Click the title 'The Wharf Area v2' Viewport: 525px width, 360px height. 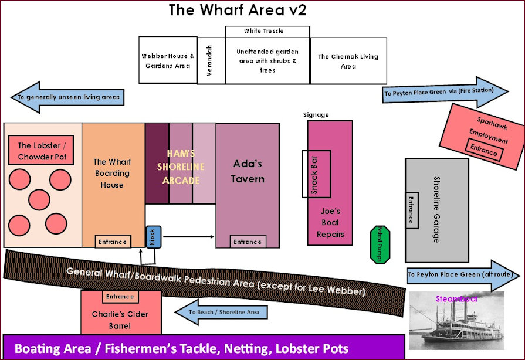pos(237,11)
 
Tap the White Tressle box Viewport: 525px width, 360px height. pos(267,31)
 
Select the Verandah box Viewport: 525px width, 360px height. pos(211,60)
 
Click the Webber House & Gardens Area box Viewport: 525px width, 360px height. pos(168,61)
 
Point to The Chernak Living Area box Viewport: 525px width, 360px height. pos(348,61)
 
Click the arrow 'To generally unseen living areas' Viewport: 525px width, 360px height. pos(67,96)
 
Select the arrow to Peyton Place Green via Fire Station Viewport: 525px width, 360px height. pos(446,92)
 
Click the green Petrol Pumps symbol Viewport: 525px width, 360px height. pos(380,243)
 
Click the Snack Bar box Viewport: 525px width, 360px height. pos(316,174)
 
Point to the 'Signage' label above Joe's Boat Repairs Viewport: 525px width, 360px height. pos(316,115)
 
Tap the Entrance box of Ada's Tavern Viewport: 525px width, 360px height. pos(247,242)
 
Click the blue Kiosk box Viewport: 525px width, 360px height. pos(153,237)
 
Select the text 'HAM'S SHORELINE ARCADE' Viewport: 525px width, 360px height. pos(181,167)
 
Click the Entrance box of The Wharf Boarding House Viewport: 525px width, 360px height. pos(112,242)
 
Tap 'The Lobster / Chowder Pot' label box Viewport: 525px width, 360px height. pos(41,151)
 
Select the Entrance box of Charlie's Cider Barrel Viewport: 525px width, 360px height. pos(121,297)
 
